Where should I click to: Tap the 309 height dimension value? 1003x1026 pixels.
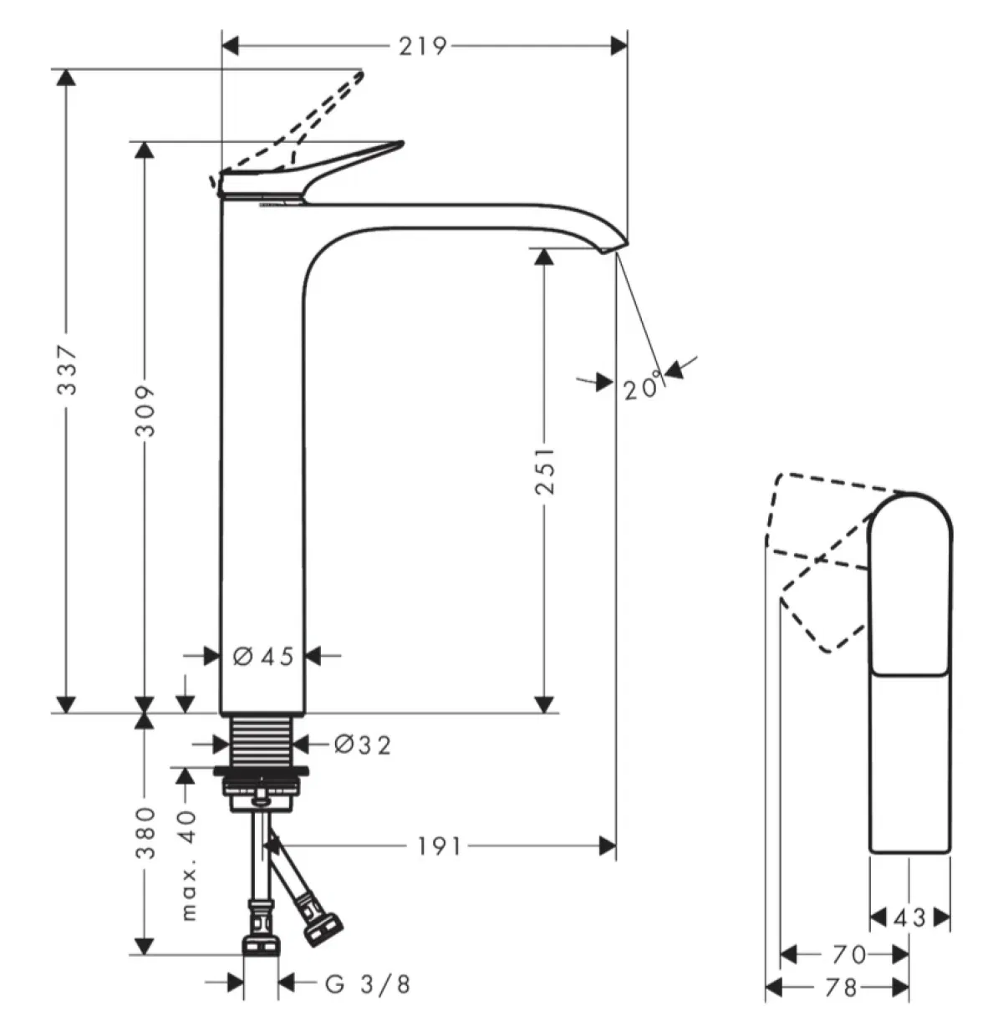[146, 411]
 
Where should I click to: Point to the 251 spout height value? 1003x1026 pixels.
[545, 470]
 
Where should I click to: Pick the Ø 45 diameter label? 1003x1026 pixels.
[263, 657]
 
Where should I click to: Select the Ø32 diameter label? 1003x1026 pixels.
[362, 744]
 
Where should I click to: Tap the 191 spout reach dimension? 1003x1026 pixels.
[439, 847]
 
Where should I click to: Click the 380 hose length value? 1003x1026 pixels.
[146, 833]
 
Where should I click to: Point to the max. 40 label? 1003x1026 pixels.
[189, 864]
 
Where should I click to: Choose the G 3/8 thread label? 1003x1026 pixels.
[368, 984]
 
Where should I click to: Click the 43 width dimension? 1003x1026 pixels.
[909, 918]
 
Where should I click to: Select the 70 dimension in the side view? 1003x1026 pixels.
[849, 953]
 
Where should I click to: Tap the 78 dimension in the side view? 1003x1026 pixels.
[840, 988]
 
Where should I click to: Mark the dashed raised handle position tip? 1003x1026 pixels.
[359, 75]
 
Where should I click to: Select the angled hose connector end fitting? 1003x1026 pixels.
[322, 928]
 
